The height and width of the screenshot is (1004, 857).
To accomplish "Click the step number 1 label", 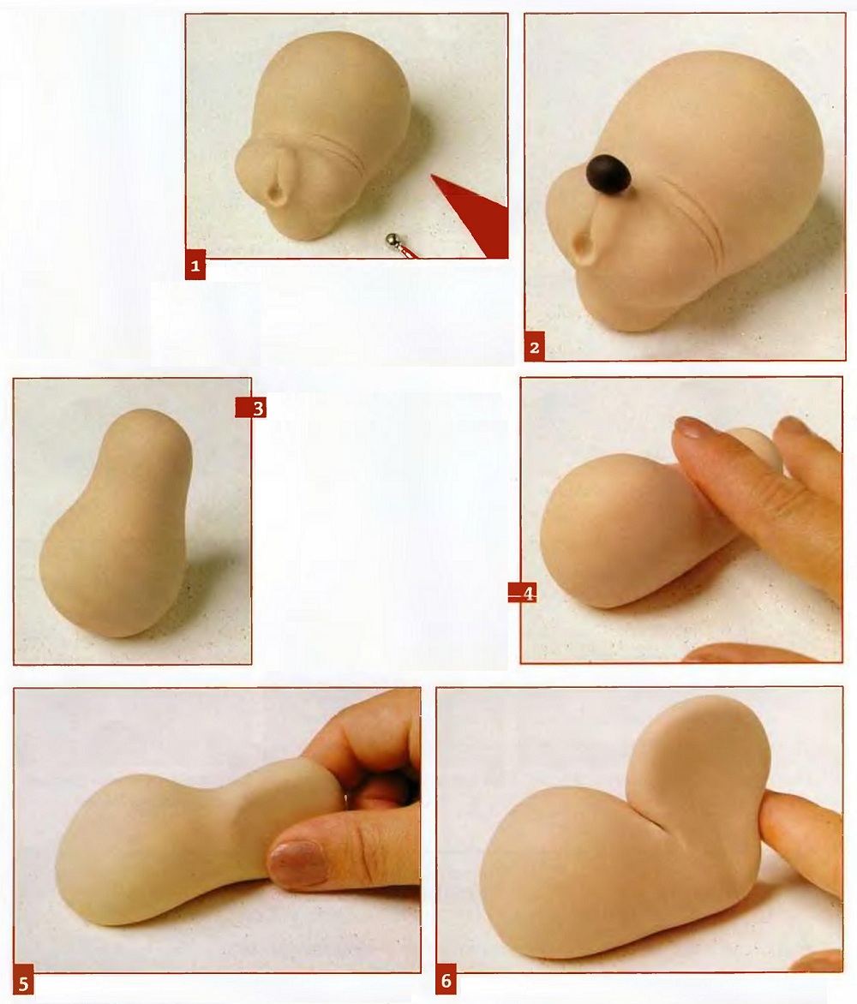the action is click(x=195, y=266).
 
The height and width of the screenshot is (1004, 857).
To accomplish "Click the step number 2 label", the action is click(x=535, y=348).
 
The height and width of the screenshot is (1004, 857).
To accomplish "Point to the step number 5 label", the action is click(x=24, y=983).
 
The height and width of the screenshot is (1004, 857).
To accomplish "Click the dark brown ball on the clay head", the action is click(x=610, y=174).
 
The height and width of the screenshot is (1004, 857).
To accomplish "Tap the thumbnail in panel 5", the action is click(x=295, y=861).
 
